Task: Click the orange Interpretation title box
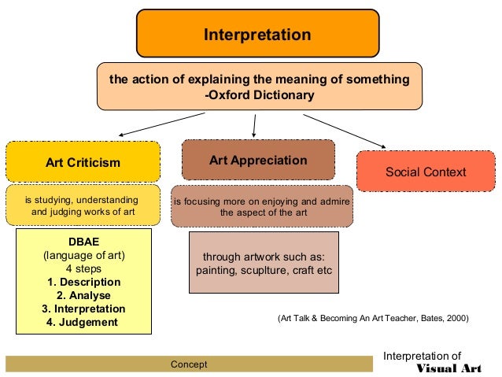[257, 35]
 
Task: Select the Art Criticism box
[83, 163]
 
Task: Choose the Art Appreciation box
[258, 161]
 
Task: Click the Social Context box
[426, 172]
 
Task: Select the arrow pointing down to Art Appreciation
[254, 124]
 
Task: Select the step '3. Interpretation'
[83, 309]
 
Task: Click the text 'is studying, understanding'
[82, 200]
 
